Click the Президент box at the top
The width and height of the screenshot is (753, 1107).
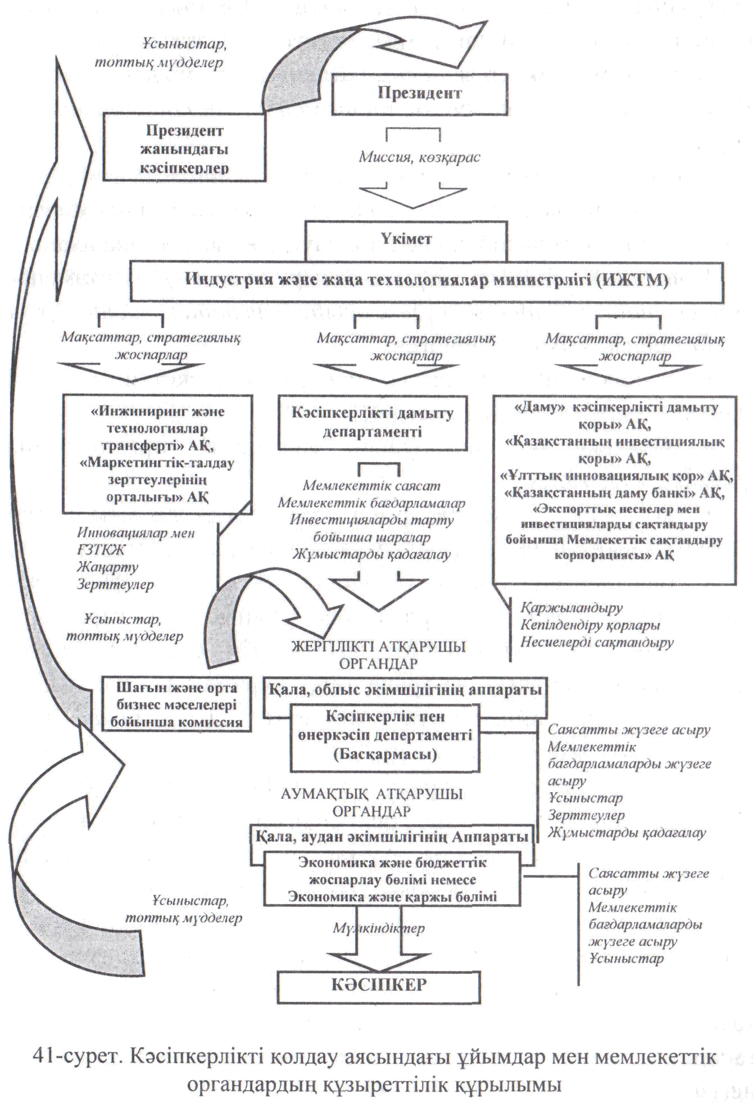(x=420, y=94)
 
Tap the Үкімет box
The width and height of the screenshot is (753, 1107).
(x=406, y=239)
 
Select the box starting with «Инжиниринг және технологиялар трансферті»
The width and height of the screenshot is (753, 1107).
(x=157, y=454)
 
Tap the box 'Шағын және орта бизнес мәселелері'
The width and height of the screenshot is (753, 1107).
(x=176, y=704)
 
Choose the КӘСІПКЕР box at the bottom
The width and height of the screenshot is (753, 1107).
(x=379, y=986)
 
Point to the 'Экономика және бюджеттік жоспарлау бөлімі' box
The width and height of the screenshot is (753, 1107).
(x=392, y=880)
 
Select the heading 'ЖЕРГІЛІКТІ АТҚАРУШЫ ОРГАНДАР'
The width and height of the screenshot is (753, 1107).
(x=379, y=655)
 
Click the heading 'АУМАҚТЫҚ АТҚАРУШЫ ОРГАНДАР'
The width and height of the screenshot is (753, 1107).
(x=373, y=802)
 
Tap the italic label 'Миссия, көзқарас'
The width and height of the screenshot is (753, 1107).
(x=419, y=158)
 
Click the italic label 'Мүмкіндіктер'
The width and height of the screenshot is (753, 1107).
(x=380, y=929)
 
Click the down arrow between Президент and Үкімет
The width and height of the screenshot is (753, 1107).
(x=413, y=197)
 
